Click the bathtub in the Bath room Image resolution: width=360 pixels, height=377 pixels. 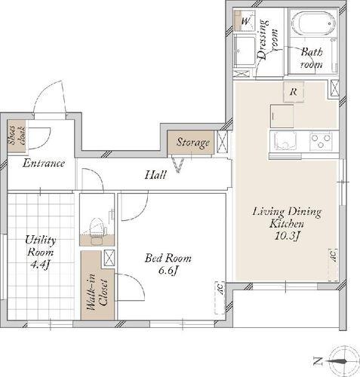pos(313,23)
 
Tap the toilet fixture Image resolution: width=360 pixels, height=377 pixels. pos(97,231)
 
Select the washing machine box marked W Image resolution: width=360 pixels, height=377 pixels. pos(245,20)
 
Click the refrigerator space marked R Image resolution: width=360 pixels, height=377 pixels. pos(294,92)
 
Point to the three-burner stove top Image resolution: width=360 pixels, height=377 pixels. pos(321,141)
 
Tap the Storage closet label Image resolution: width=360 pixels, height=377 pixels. pos(192,143)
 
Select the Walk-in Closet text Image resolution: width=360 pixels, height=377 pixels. pos(98,292)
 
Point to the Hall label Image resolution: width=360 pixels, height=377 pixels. pos(155,175)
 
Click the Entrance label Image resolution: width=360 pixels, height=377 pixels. pos(44,164)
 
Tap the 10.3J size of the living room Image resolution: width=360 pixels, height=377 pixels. pos(287,236)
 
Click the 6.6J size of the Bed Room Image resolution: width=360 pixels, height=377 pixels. pos(168,271)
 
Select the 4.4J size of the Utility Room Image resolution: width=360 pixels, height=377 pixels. pos(39,265)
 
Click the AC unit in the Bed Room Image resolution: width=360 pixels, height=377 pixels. pos(220,298)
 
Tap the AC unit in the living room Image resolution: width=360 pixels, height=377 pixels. pos(333,265)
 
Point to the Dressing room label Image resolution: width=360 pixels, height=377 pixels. pos(268,39)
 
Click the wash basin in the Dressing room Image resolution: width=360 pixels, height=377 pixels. pos(245,51)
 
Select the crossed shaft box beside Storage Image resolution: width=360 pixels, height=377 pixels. pos(222,142)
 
